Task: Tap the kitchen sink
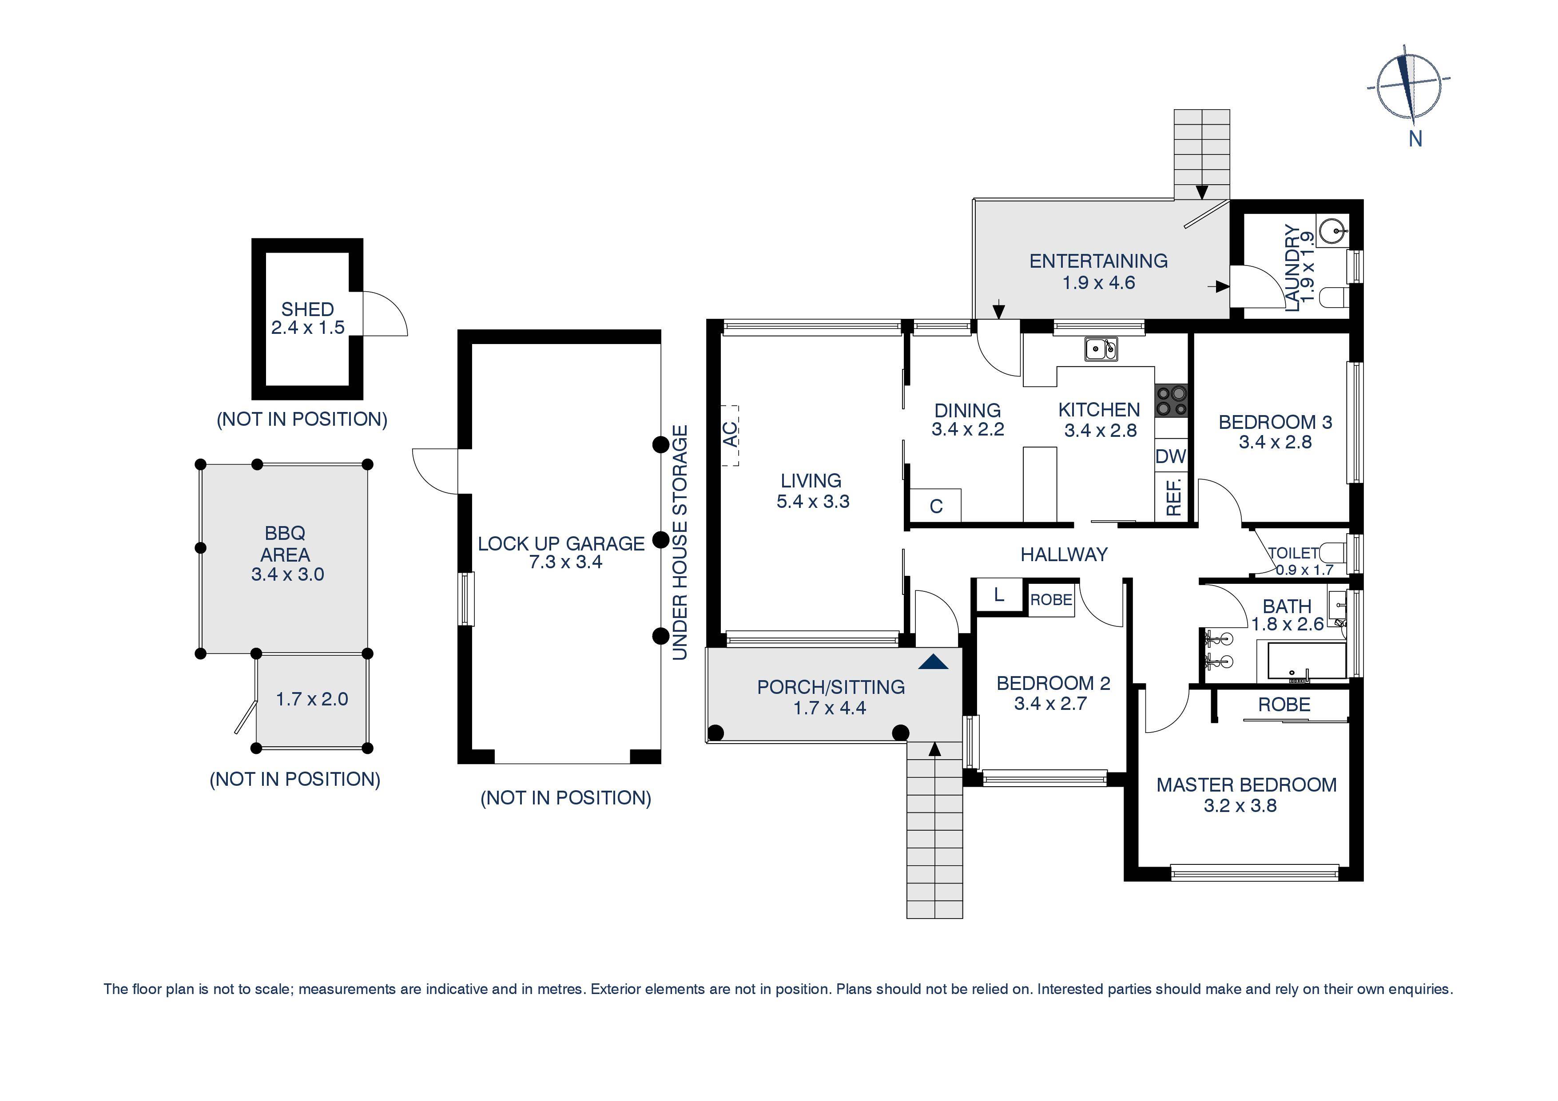click(1101, 349)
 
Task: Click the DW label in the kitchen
click(1171, 456)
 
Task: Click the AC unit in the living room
click(729, 436)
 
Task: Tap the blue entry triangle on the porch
click(933, 662)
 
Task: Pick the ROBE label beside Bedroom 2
click(1051, 600)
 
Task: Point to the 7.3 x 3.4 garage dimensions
click(565, 562)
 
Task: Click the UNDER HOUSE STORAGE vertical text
click(680, 542)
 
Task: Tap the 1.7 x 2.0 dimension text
click(312, 699)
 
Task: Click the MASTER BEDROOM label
click(1246, 785)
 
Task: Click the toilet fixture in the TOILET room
click(1335, 551)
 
